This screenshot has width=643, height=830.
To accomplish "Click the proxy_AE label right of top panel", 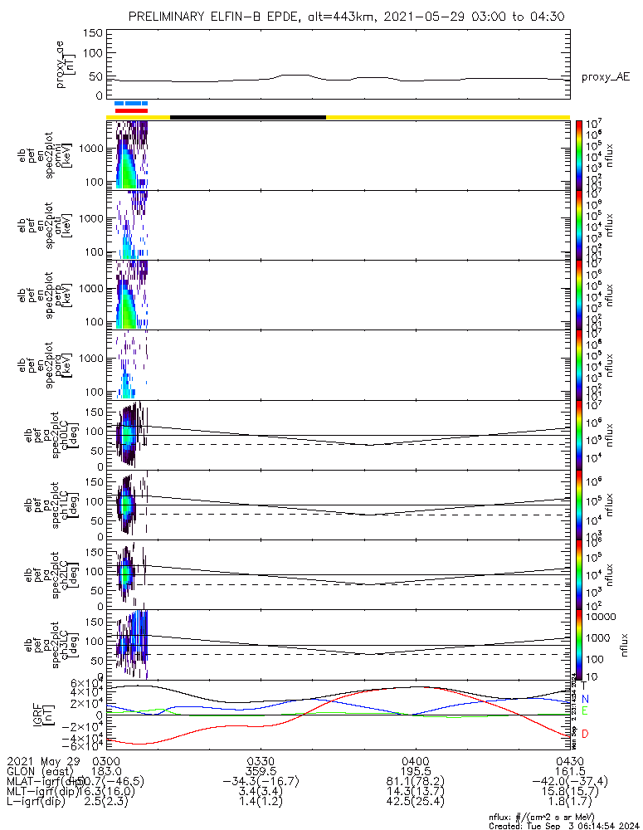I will tap(606, 77).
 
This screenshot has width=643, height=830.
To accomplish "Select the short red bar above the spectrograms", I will tap(131, 110).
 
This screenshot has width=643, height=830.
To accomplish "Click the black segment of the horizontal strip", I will tap(247, 117).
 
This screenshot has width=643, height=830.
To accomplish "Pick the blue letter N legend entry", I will tap(584, 699).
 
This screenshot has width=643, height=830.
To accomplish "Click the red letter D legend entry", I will tap(584, 734).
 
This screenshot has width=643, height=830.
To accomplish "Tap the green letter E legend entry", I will tap(584, 711).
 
